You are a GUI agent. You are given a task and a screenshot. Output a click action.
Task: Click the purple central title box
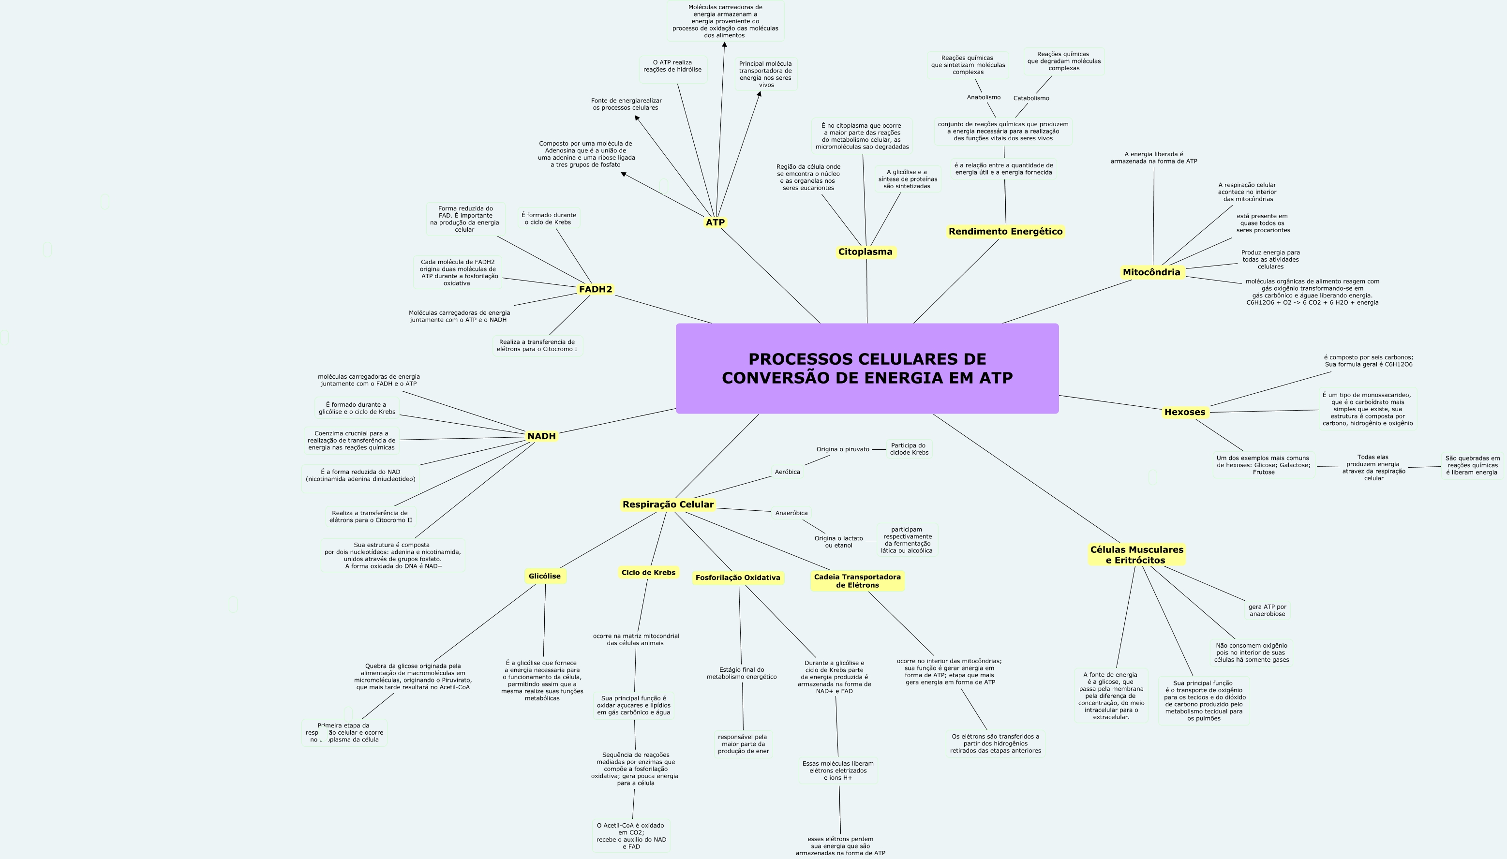[x=867, y=368]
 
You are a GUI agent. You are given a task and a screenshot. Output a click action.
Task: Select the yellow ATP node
[x=715, y=222]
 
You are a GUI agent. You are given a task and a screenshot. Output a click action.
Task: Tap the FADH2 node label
[x=596, y=289]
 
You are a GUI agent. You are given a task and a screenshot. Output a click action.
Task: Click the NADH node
[x=541, y=436]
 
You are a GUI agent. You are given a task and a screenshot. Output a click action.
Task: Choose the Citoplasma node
[x=865, y=252]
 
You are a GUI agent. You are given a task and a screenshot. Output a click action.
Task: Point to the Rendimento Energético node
[x=1005, y=231]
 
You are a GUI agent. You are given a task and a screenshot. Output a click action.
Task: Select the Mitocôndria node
[x=1151, y=272]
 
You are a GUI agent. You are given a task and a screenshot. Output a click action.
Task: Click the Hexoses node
[x=1184, y=412]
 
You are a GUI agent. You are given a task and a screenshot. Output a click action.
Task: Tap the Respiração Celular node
[x=668, y=504]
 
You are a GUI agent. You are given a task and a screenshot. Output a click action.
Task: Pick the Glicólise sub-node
[x=545, y=576]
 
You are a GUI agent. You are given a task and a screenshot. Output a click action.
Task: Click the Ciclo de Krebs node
[x=648, y=572]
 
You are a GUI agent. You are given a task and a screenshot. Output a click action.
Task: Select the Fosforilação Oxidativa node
[x=738, y=578]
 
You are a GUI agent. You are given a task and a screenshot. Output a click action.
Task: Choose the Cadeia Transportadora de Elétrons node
[x=857, y=580]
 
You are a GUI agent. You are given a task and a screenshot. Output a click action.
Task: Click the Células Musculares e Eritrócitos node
[x=1136, y=555]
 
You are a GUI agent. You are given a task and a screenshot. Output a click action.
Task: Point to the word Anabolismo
[x=984, y=97]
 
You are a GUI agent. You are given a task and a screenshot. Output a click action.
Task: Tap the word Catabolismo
[x=1031, y=98]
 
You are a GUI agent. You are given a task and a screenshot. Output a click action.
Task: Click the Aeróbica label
[x=787, y=472]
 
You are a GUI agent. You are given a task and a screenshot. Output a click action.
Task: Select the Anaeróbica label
[x=791, y=513]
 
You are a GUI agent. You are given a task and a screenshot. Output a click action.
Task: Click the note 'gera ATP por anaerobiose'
[x=1267, y=610]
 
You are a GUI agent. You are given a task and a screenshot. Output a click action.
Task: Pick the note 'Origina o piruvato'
[x=843, y=449]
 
